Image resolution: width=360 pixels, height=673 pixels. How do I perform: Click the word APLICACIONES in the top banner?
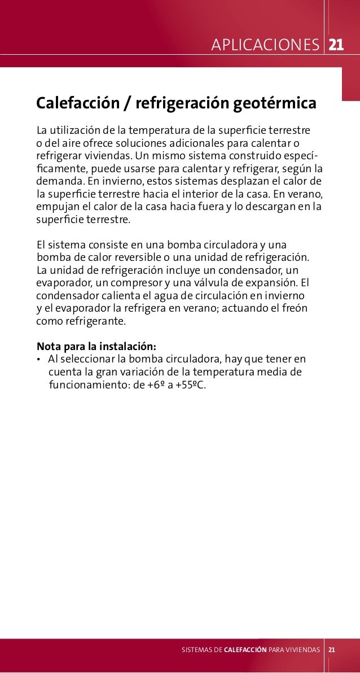click(265, 45)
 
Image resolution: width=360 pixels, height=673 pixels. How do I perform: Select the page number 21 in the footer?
click(332, 649)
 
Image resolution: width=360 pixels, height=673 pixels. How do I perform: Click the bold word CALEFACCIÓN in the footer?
click(245, 650)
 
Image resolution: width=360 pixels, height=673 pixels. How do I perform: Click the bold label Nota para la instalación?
click(96, 346)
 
